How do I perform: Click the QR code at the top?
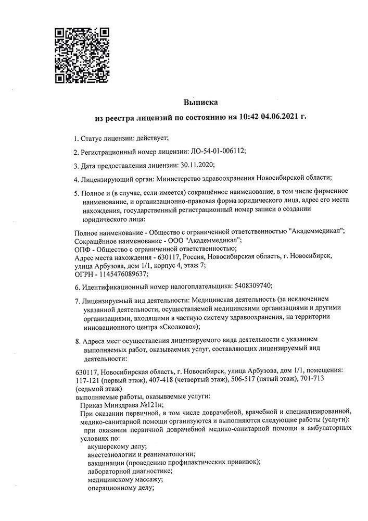82,54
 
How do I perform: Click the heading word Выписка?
200,103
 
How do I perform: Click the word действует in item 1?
149,138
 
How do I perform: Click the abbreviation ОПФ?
83,249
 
